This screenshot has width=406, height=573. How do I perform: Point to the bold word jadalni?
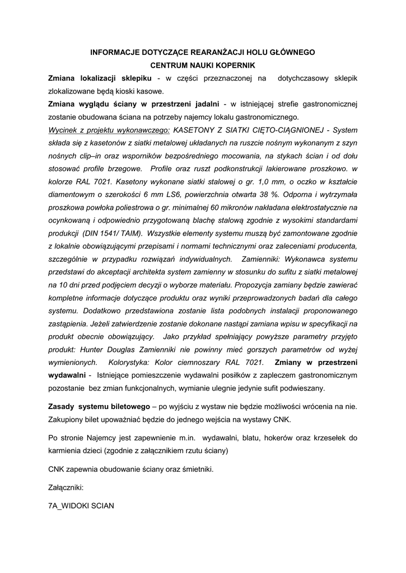[x=204, y=104]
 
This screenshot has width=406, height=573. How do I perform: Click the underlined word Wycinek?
[x=65, y=130]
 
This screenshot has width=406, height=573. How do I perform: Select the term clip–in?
[x=85, y=156]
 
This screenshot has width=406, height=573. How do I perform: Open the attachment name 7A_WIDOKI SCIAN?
[x=82, y=506]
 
